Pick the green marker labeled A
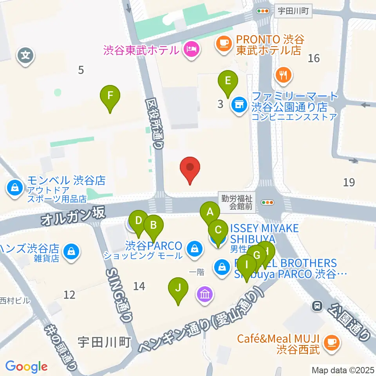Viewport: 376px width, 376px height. (x=210, y=213)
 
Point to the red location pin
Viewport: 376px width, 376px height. (x=190, y=168)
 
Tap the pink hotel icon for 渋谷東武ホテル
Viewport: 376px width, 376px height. (x=192, y=50)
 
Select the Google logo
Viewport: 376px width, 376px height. (x=26, y=367)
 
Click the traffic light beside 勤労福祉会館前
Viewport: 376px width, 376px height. (x=268, y=202)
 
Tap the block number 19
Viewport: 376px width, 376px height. (x=349, y=182)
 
